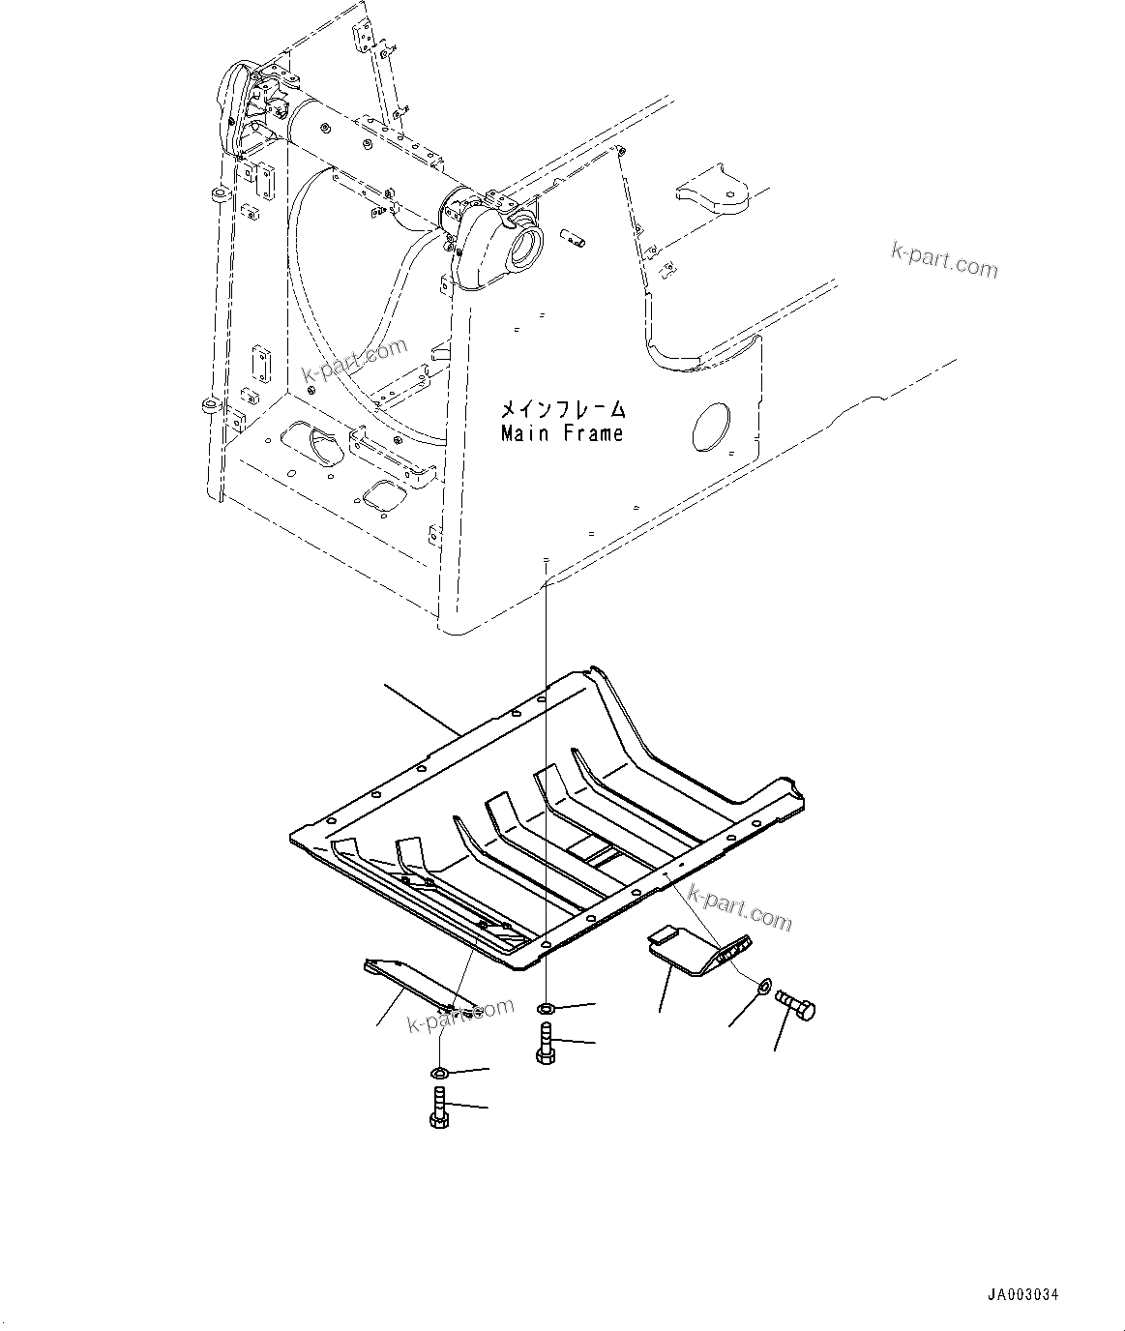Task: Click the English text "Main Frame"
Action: pyautogui.click(x=562, y=434)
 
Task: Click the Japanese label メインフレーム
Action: pyautogui.click(x=562, y=410)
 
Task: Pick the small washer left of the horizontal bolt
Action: pyautogui.click(x=762, y=987)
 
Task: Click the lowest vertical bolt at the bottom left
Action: pyautogui.click(x=437, y=1107)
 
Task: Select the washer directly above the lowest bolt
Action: pyautogui.click(x=437, y=1073)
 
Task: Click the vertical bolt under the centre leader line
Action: pyautogui.click(x=544, y=1046)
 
